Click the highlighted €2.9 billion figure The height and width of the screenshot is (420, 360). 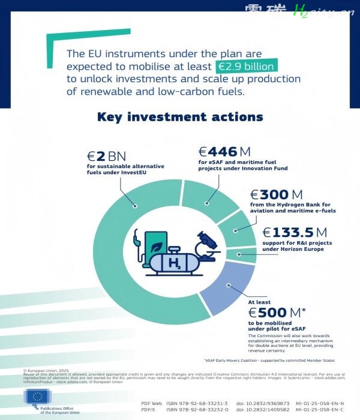coord(246,66)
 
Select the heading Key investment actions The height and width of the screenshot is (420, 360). coord(179,117)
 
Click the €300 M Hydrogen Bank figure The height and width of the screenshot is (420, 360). coord(277,194)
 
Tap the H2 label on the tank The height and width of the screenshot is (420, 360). coord(174,263)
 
